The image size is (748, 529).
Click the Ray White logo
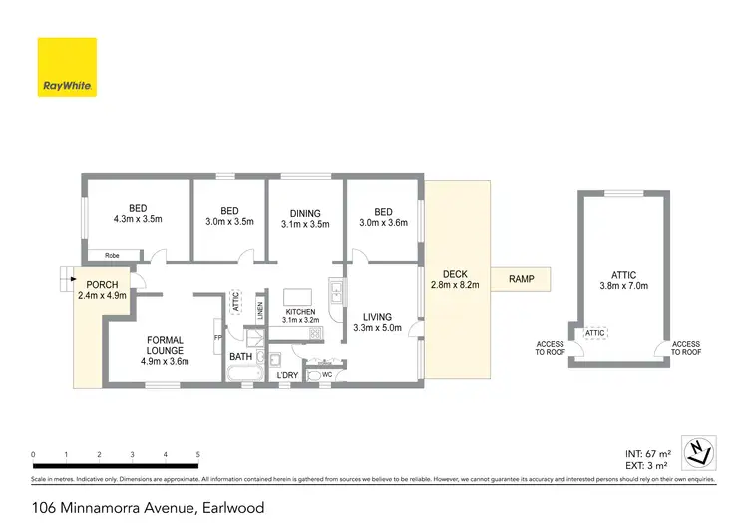click(67, 67)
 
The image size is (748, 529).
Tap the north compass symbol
click(700, 451)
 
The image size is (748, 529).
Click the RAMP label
click(520, 279)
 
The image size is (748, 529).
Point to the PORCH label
click(102, 284)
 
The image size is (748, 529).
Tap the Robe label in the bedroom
click(111, 256)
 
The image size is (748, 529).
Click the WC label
click(327, 376)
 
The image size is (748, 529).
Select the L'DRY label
click(287, 375)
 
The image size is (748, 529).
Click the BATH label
click(241, 356)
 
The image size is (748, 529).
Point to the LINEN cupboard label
click(259, 310)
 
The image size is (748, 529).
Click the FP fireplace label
click(217, 338)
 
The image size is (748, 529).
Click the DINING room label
click(305, 212)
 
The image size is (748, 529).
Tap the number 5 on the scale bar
click(198, 454)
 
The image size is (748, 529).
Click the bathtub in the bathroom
click(243, 375)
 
